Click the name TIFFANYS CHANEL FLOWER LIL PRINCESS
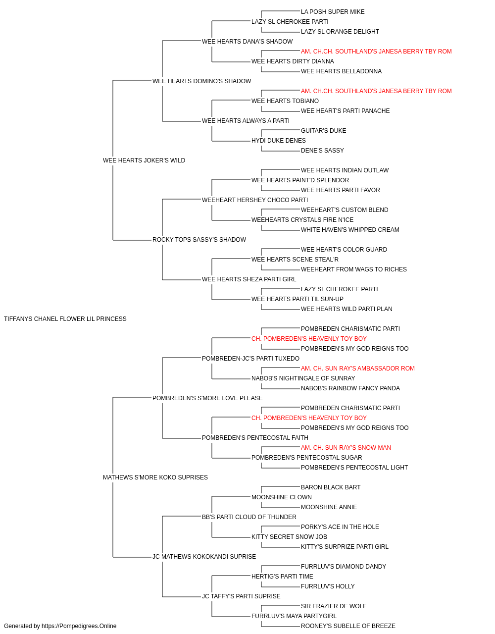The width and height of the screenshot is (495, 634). click(65, 319)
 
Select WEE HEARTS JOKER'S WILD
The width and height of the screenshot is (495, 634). click(144, 160)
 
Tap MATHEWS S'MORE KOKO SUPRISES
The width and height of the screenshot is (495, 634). click(155, 477)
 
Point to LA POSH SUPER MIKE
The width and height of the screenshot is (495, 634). click(333, 12)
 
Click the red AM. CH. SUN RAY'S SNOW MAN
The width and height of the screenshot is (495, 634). click(346, 448)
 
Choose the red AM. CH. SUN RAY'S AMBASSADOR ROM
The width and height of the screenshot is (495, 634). click(358, 369)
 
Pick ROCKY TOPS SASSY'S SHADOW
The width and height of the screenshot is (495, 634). click(199, 240)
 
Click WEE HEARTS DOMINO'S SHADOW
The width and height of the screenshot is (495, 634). click(202, 81)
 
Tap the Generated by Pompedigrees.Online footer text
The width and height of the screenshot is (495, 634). click(60, 626)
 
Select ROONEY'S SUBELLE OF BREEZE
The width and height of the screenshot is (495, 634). click(348, 626)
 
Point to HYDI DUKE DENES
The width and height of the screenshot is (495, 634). click(279, 141)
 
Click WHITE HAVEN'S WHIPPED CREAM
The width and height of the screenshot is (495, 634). click(350, 230)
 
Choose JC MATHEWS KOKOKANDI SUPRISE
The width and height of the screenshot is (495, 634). click(204, 557)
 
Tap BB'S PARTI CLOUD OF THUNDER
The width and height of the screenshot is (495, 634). click(249, 517)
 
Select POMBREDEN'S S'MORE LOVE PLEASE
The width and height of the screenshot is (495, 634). click(207, 398)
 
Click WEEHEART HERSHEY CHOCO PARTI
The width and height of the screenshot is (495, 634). click(255, 200)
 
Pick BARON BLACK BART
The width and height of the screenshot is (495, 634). click(331, 487)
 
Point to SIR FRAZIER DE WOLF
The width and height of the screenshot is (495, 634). click(334, 606)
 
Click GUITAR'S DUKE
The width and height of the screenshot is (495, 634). click(324, 131)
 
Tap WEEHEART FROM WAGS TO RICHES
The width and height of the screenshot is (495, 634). click(354, 269)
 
